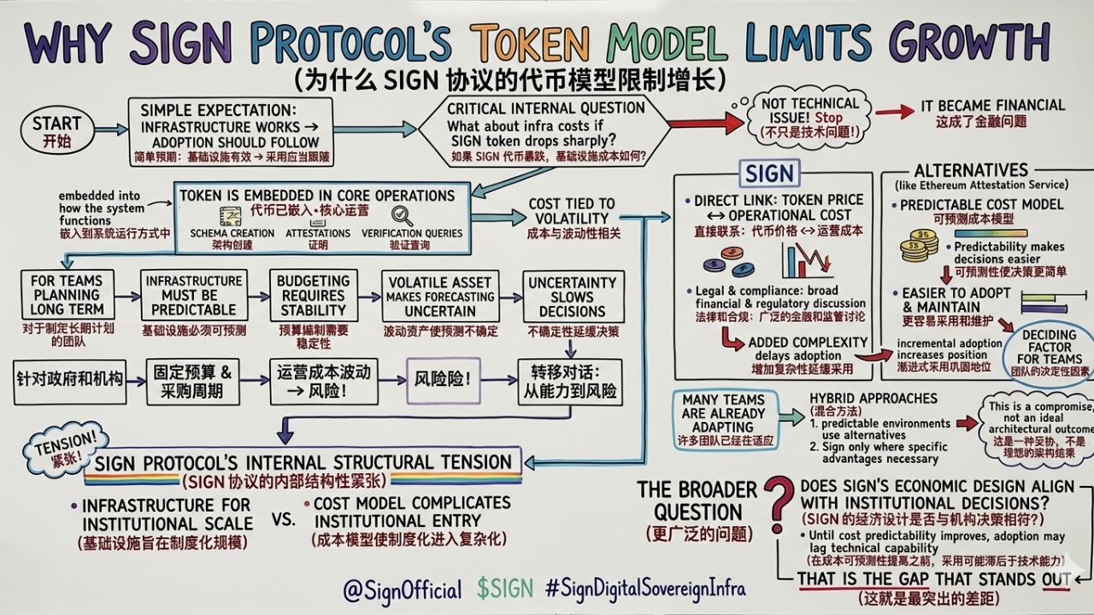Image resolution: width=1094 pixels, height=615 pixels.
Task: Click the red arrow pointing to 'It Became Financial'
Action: point(893,112)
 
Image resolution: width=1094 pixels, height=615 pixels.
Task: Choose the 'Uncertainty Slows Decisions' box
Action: point(572,296)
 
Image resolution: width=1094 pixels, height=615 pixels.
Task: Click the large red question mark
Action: point(778,510)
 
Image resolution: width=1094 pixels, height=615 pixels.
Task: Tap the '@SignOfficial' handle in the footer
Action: point(402,589)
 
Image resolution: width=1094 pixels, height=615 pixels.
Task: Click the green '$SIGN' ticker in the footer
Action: point(505,589)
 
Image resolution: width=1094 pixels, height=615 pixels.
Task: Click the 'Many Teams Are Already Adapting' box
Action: point(723,413)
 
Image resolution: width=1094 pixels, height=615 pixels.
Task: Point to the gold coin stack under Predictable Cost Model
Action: point(919,246)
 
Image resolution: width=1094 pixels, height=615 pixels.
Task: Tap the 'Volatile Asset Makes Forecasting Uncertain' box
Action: point(439,296)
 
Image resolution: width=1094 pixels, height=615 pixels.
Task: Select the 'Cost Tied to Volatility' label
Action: point(571,218)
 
